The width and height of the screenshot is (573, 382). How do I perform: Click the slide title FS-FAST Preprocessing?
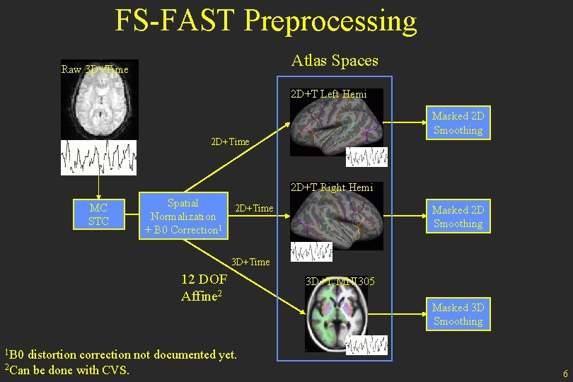266,21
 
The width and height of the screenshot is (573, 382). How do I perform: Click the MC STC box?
98,215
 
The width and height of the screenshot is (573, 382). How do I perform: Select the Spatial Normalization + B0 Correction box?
183,216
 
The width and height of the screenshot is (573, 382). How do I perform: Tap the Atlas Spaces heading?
335,61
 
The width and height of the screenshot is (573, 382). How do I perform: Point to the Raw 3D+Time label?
95,69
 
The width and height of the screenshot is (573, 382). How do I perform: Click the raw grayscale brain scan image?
100,99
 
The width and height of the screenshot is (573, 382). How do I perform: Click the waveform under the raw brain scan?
98,157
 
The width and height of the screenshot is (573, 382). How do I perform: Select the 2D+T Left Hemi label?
328,93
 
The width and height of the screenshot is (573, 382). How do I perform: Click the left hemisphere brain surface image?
336,127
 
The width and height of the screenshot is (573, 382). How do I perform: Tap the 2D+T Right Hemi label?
331,187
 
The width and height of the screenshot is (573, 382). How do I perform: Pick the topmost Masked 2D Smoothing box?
458,123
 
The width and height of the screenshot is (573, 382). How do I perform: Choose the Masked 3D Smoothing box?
458,314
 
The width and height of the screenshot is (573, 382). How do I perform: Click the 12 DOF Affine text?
204,287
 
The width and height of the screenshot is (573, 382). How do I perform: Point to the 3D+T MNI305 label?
339,282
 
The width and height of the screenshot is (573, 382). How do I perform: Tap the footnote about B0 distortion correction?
121,354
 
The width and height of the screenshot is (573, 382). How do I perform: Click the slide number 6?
565,374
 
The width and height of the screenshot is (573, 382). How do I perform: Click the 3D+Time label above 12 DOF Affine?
250,262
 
